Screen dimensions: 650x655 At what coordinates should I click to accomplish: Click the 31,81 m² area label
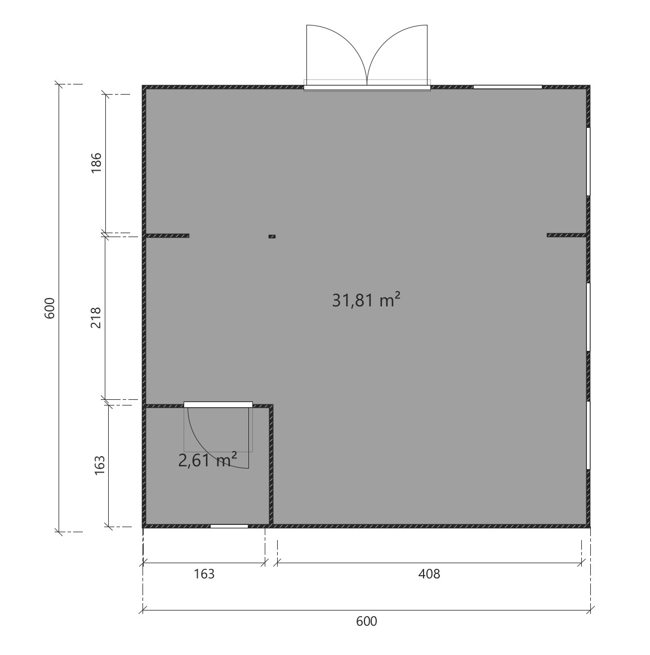click(x=366, y=300)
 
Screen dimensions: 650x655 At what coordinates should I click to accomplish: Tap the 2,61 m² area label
click(x=208, y=460)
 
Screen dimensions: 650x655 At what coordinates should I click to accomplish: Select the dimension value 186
click(x=96, y=163)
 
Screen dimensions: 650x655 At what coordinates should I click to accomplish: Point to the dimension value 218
click(x=96, y=318)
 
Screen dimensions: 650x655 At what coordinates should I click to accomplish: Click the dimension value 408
click(x=429, y=574)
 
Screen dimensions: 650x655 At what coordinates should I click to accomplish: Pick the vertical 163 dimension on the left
click(x=100, y=465)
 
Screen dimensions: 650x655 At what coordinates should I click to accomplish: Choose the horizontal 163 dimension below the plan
click(x=204, y=574)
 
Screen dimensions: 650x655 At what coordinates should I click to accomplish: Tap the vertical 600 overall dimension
click(x=50, y=308)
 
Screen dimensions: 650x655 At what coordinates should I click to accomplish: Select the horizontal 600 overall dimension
click(x=366, y=621)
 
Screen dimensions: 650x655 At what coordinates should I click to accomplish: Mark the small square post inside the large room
click(x=272, y=237)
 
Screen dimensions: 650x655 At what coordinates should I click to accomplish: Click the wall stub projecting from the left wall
click(x=167, y=235)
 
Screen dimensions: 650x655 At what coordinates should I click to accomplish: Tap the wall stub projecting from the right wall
click(x=567, y=235)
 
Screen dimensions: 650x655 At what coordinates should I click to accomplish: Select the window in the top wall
click(x=507, y=87)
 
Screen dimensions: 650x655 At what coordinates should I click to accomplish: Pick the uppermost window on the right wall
click(x=588, y=161)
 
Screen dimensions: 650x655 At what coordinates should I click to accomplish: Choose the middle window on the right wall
click(x=588, y=317)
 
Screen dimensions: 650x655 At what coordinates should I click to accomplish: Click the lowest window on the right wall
click(x=588, y=435)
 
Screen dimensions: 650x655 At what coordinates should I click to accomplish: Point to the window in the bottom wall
click(x=229, y=527)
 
